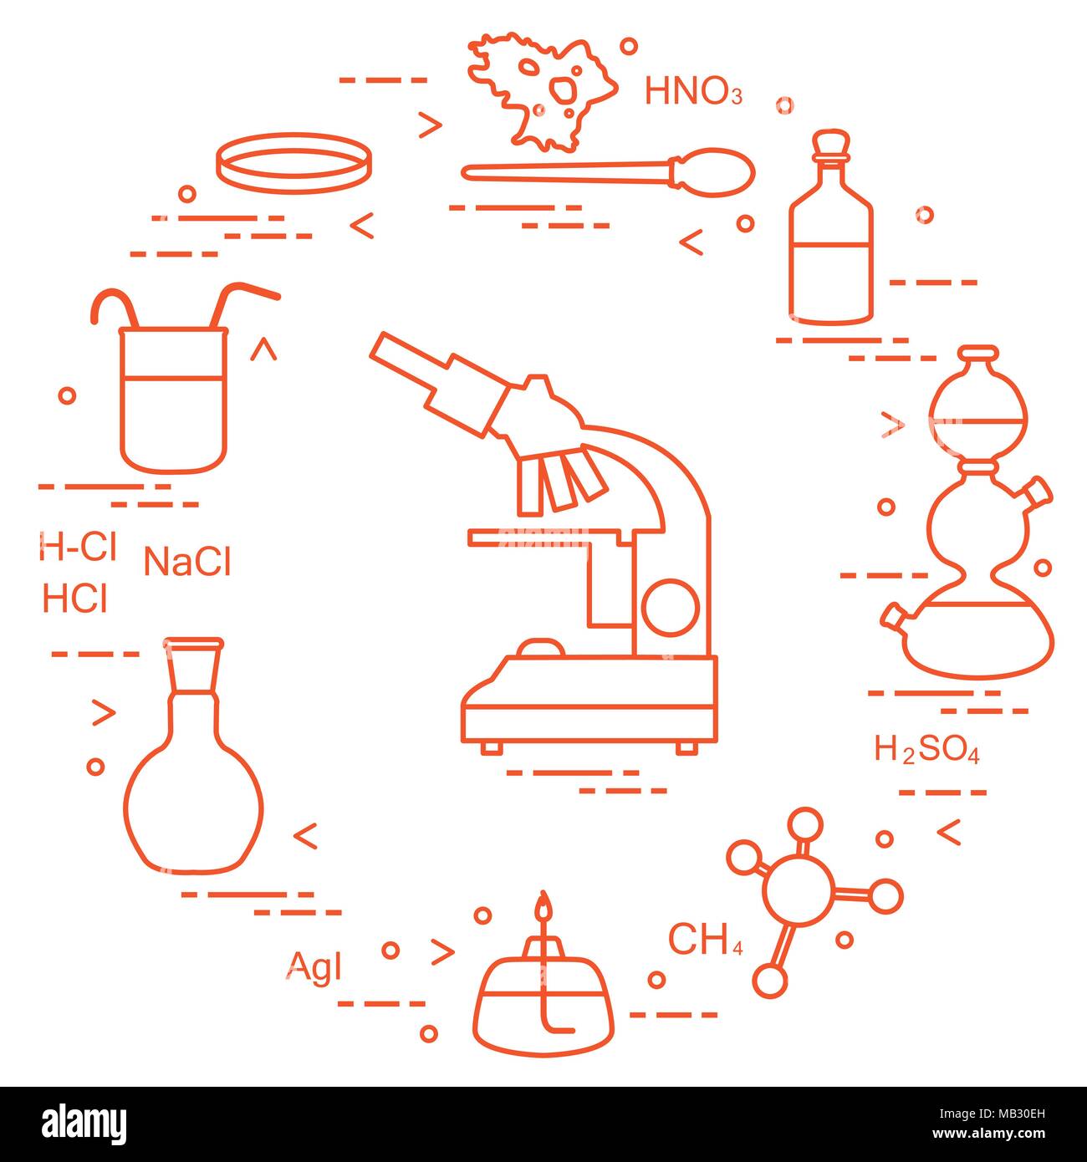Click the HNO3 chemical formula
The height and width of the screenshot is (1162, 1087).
coord(692,91)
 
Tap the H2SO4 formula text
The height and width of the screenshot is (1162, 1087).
coord(926,750)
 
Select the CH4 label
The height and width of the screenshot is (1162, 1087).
coord(704,940)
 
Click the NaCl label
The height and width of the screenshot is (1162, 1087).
coord(186,562)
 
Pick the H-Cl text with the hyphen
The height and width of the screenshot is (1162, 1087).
coord(77,548)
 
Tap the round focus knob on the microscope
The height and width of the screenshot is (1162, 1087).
coord(670,607)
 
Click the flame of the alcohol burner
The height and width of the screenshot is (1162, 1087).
coord(544,905)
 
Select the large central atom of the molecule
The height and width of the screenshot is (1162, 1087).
coord(799,890)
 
